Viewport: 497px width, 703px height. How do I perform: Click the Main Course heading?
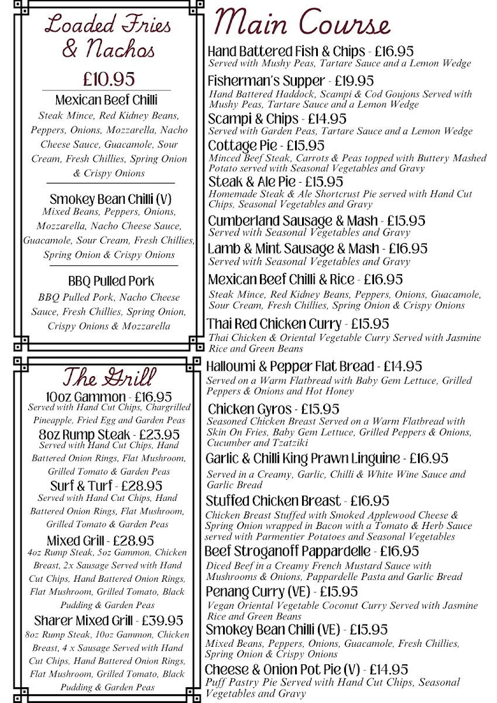coord(302,23)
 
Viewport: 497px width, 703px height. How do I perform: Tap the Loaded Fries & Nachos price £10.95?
coord(108,79)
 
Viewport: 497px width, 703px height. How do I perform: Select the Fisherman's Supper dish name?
coord(266,81)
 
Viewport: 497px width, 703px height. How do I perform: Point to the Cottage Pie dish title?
coord(241,145)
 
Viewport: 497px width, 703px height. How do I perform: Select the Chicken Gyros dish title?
coord(249,409)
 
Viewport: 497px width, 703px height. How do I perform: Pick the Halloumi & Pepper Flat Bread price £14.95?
coord(403,367)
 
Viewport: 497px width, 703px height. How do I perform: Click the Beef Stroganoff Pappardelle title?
coord(287,551)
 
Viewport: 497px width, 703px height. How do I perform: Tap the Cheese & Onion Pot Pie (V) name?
coord(282,670)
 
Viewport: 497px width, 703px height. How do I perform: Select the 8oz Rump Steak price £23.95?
coord(157,435)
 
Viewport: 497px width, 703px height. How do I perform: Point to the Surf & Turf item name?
coord(75,486)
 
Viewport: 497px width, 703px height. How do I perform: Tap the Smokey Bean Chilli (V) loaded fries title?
coord(110,199)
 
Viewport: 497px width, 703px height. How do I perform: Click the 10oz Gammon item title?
coord(77,397)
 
